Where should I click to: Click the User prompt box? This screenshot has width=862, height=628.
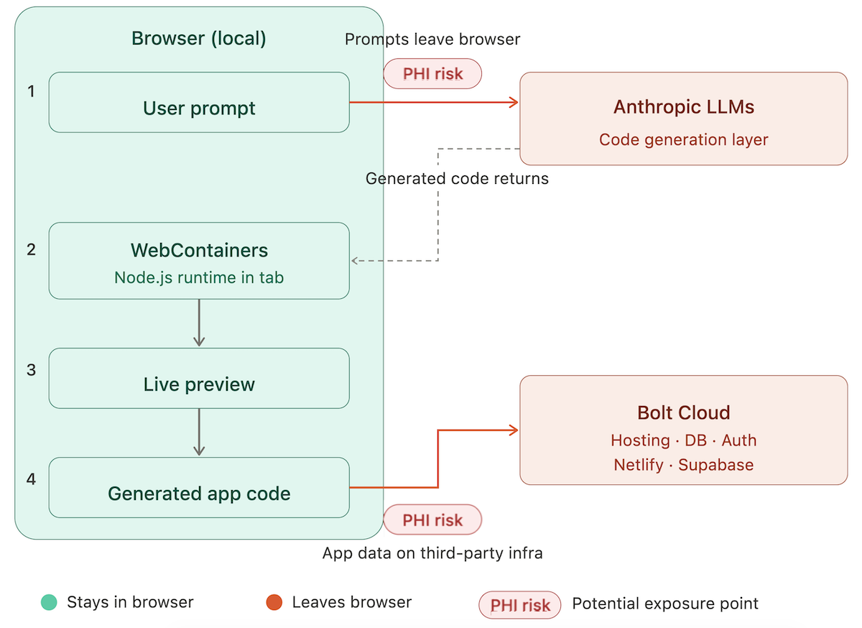pos(199,103)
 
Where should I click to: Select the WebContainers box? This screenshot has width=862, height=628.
pos(199,261)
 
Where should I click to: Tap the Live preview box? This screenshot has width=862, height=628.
pos(199,378)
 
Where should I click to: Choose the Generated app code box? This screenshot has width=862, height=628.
pos(199,487)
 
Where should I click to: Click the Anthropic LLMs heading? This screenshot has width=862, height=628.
pos(684,106)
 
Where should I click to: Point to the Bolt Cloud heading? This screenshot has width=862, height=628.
pos(684,412)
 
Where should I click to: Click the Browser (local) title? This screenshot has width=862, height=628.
pos(198,38)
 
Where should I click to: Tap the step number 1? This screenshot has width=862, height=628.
pos(31,91)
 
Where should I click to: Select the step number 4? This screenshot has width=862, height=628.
pos(31,479)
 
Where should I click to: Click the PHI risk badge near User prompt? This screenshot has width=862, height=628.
pos(432,74)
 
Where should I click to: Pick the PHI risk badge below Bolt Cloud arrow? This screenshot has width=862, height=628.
pos(432,520)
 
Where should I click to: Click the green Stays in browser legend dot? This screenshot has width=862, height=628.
pos(49,602)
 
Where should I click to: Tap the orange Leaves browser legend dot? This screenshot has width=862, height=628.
pos(274,602)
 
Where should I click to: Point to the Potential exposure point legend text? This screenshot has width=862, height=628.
pos(665,604)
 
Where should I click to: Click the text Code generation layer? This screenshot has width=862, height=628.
pos(683,139)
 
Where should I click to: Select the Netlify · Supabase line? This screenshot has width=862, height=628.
pos(683,465)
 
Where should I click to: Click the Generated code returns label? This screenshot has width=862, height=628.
pos(457,178)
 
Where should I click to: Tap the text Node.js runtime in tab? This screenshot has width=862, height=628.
pos(199,277)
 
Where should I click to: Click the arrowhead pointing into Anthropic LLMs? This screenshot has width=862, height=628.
pos(514,103)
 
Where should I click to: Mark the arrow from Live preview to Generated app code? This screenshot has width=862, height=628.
pos(199,433)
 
